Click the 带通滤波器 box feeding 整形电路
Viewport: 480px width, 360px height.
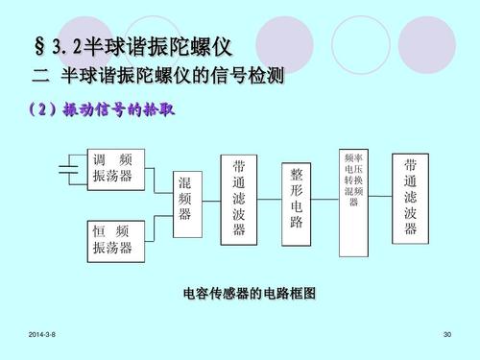pos(240,198)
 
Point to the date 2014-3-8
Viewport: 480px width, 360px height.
pos(43,333)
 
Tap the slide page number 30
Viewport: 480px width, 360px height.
pos(445,333)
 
